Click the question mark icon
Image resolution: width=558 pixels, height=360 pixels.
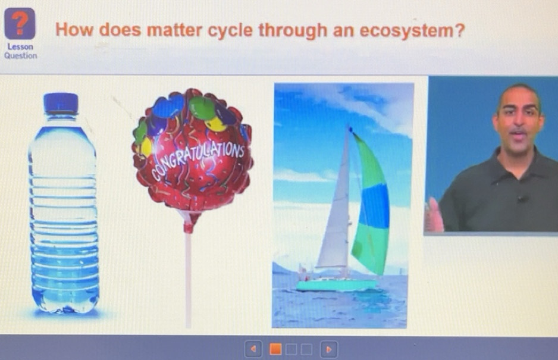pos(20,24)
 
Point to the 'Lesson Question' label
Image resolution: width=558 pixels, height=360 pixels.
pos(20,51)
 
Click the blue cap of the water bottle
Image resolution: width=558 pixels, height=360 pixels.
pos(61,103)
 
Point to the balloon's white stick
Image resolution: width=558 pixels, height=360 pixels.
pos(188,274)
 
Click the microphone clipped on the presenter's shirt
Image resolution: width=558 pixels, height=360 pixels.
pos(522,199)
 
